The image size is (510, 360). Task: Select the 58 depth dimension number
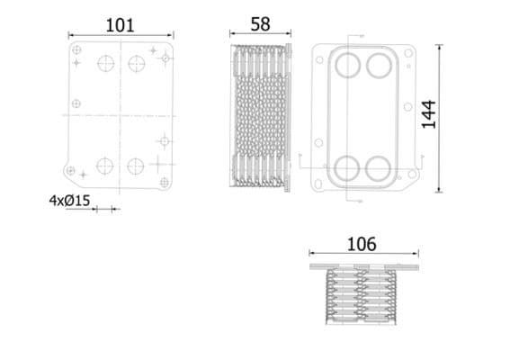tap(260, 24)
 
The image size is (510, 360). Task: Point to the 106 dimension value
tap(362, 244)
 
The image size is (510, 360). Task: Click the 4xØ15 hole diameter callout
tap(69, 202)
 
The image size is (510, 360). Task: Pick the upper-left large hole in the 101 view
tap(105, 63)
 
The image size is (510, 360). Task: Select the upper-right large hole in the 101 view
tap(136, 63)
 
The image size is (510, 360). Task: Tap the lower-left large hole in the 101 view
tap(105, 166)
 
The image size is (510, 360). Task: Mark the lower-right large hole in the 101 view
tap(136, 166)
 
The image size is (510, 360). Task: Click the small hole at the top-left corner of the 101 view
tap(76, 49)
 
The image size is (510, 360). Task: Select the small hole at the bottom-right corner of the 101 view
tap(164, 182)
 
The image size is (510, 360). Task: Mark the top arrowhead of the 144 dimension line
tap(439, 46)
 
